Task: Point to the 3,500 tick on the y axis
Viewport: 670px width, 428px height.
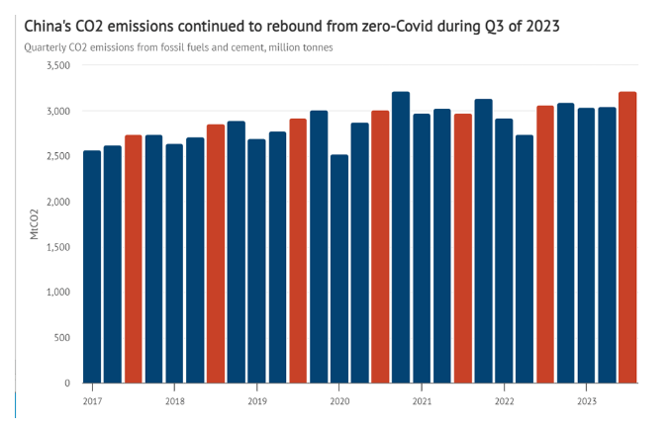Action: (57, 65)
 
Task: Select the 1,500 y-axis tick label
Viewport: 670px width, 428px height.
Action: (57, 247)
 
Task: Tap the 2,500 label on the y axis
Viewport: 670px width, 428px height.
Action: (57, 156)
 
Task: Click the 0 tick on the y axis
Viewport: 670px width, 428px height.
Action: (67, 383)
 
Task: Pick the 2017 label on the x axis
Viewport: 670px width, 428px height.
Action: (92, 402)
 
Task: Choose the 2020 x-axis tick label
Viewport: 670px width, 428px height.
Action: (338, 402)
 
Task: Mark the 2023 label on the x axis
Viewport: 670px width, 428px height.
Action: (586, 402)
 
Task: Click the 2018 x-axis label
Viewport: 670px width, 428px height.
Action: (174, 402)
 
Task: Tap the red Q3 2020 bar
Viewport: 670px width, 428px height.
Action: (380, 247)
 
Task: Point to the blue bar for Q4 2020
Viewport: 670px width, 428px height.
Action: (401, 237)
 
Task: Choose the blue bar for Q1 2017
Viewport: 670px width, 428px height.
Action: (92, 267)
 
